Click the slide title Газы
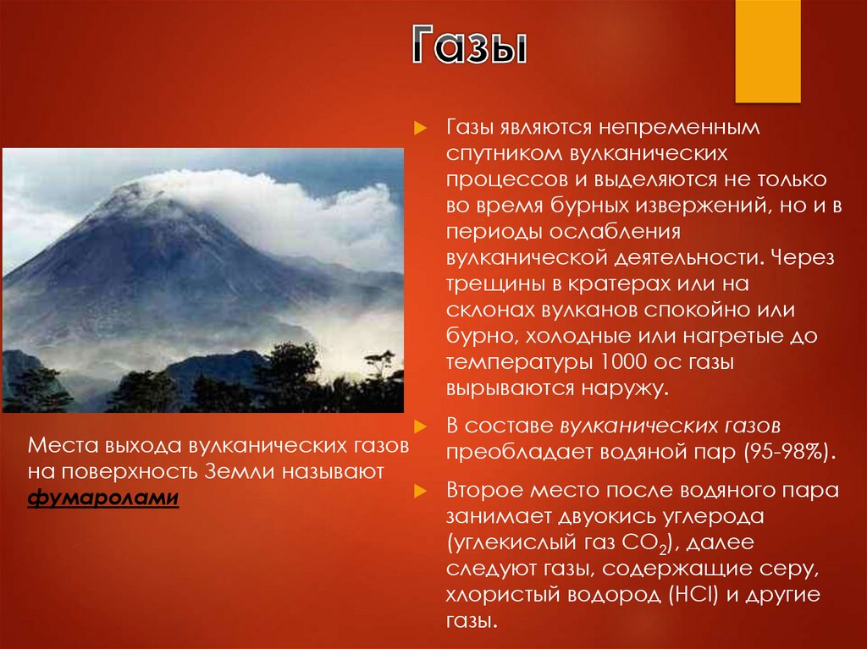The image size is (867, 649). click(x=470, y=47)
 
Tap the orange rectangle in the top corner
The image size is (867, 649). click(x=767, y=51)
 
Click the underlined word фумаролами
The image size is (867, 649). click(x=103, y=498)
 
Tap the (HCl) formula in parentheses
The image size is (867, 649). click(x=694, y=595)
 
